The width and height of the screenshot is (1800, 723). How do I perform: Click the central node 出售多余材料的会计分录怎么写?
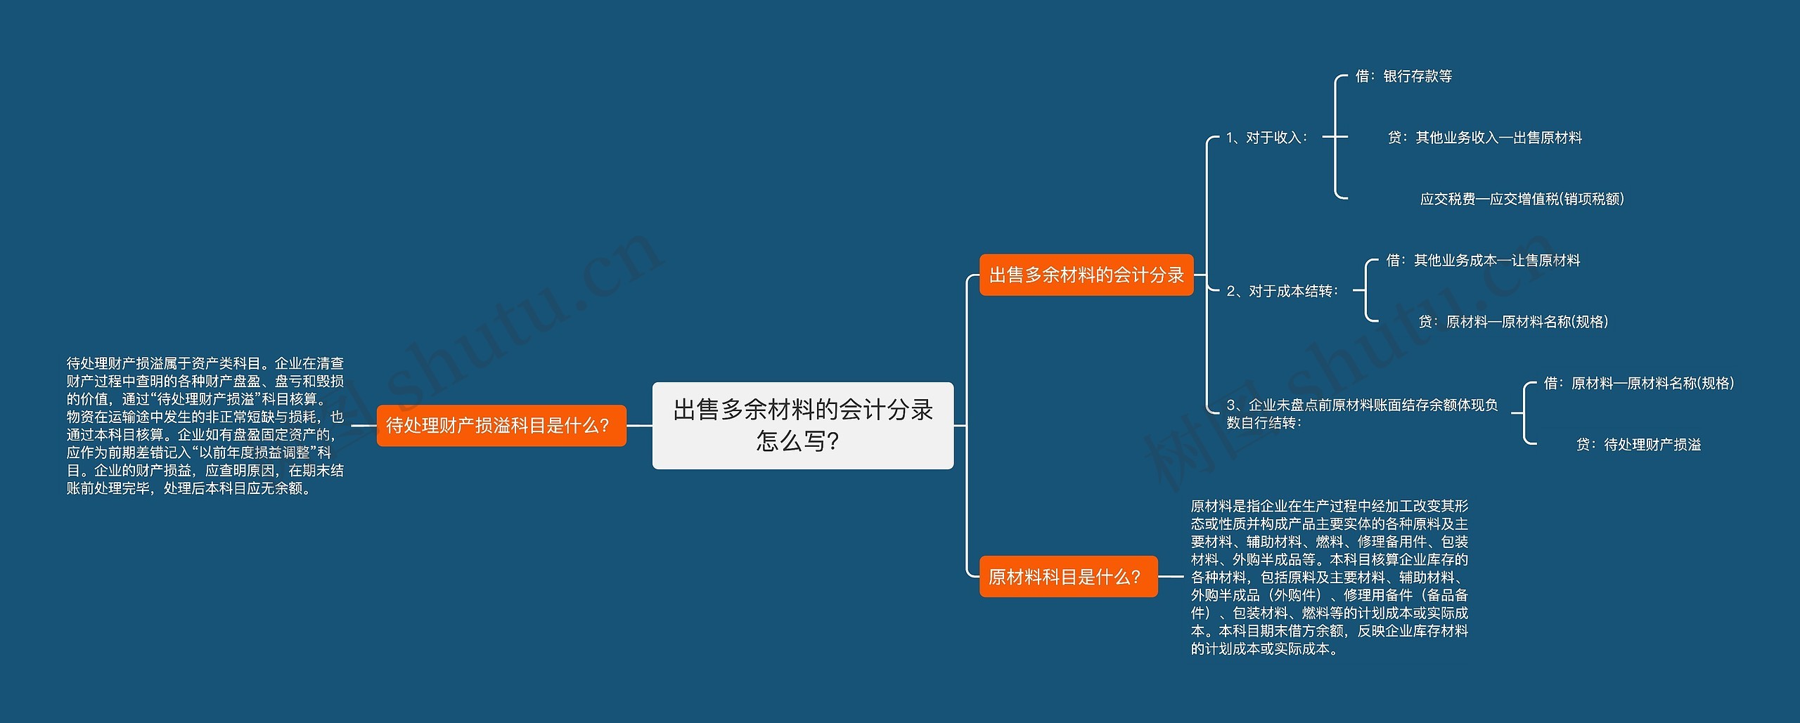802,425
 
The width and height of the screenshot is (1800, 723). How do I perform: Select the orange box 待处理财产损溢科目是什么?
501,425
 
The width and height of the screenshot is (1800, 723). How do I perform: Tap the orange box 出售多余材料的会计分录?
1086,275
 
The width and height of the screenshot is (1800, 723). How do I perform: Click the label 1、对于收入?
1266,138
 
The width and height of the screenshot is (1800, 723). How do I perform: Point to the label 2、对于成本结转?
1282,291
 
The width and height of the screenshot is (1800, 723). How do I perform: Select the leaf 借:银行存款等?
1403,76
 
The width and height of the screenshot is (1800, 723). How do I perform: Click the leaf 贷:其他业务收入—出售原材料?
1484,138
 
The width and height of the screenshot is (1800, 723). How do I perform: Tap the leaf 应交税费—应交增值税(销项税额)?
1522,199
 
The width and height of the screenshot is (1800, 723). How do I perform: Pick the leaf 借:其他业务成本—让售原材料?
1483,261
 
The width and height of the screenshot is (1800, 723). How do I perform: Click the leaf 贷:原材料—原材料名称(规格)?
1513,322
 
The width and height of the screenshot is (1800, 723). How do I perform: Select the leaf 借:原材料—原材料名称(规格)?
1639,383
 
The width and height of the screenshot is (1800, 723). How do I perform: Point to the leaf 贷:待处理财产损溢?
1638,445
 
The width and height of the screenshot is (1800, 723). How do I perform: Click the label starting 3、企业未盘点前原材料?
1362,414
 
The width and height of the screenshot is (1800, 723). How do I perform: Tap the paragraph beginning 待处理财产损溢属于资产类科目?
205,425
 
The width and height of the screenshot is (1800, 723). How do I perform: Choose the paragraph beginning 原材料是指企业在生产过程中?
1329,577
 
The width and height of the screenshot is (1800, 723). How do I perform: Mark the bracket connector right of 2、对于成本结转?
1365,290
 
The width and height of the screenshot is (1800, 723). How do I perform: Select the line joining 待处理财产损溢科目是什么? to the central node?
639,425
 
